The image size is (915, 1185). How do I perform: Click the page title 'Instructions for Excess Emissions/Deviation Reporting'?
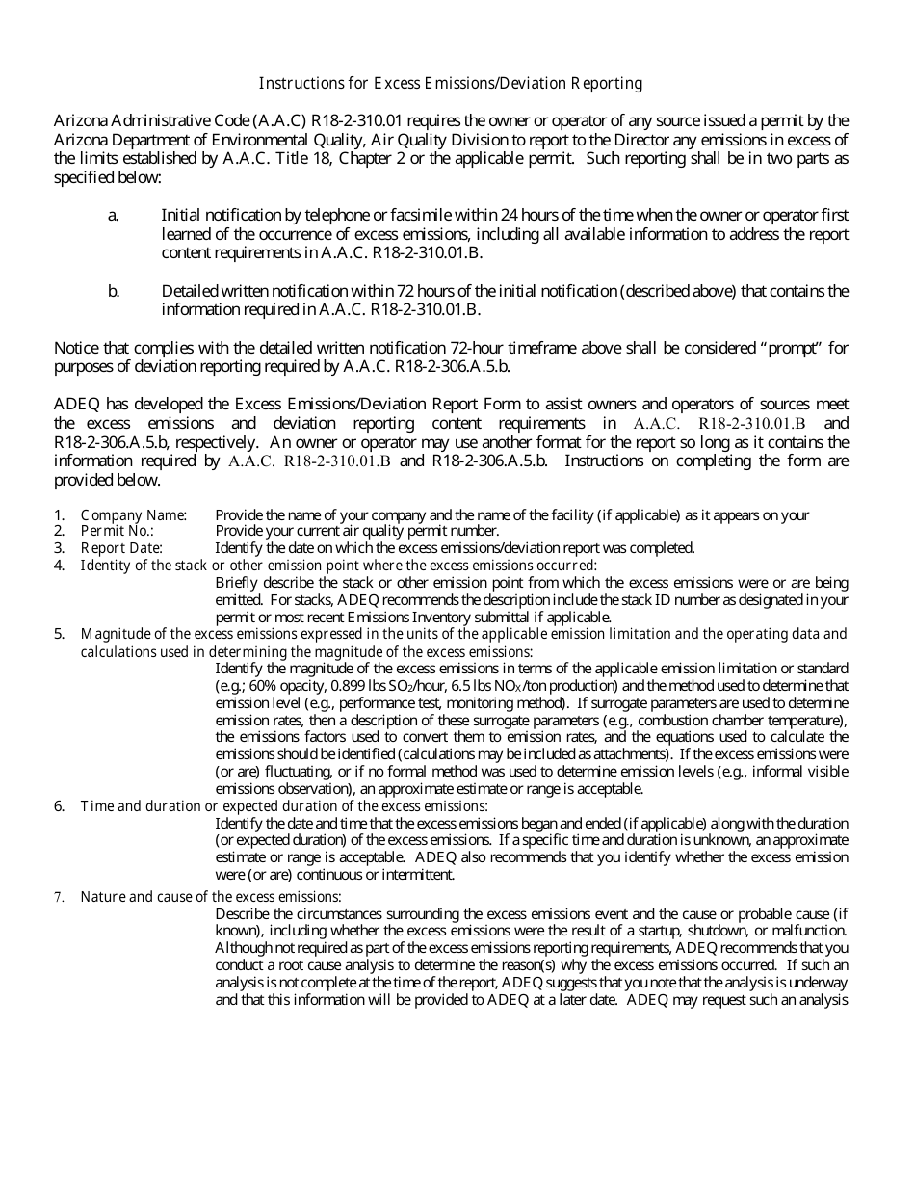[450, 84]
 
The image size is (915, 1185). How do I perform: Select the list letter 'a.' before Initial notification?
[114, 217]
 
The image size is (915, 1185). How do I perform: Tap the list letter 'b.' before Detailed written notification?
[114, 292]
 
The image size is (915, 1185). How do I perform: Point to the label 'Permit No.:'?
[118, 531]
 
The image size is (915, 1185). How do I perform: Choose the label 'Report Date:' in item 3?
[121, 548]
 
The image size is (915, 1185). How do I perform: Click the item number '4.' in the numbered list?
[60, 566]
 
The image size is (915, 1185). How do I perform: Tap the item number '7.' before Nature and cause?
[60, 897]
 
